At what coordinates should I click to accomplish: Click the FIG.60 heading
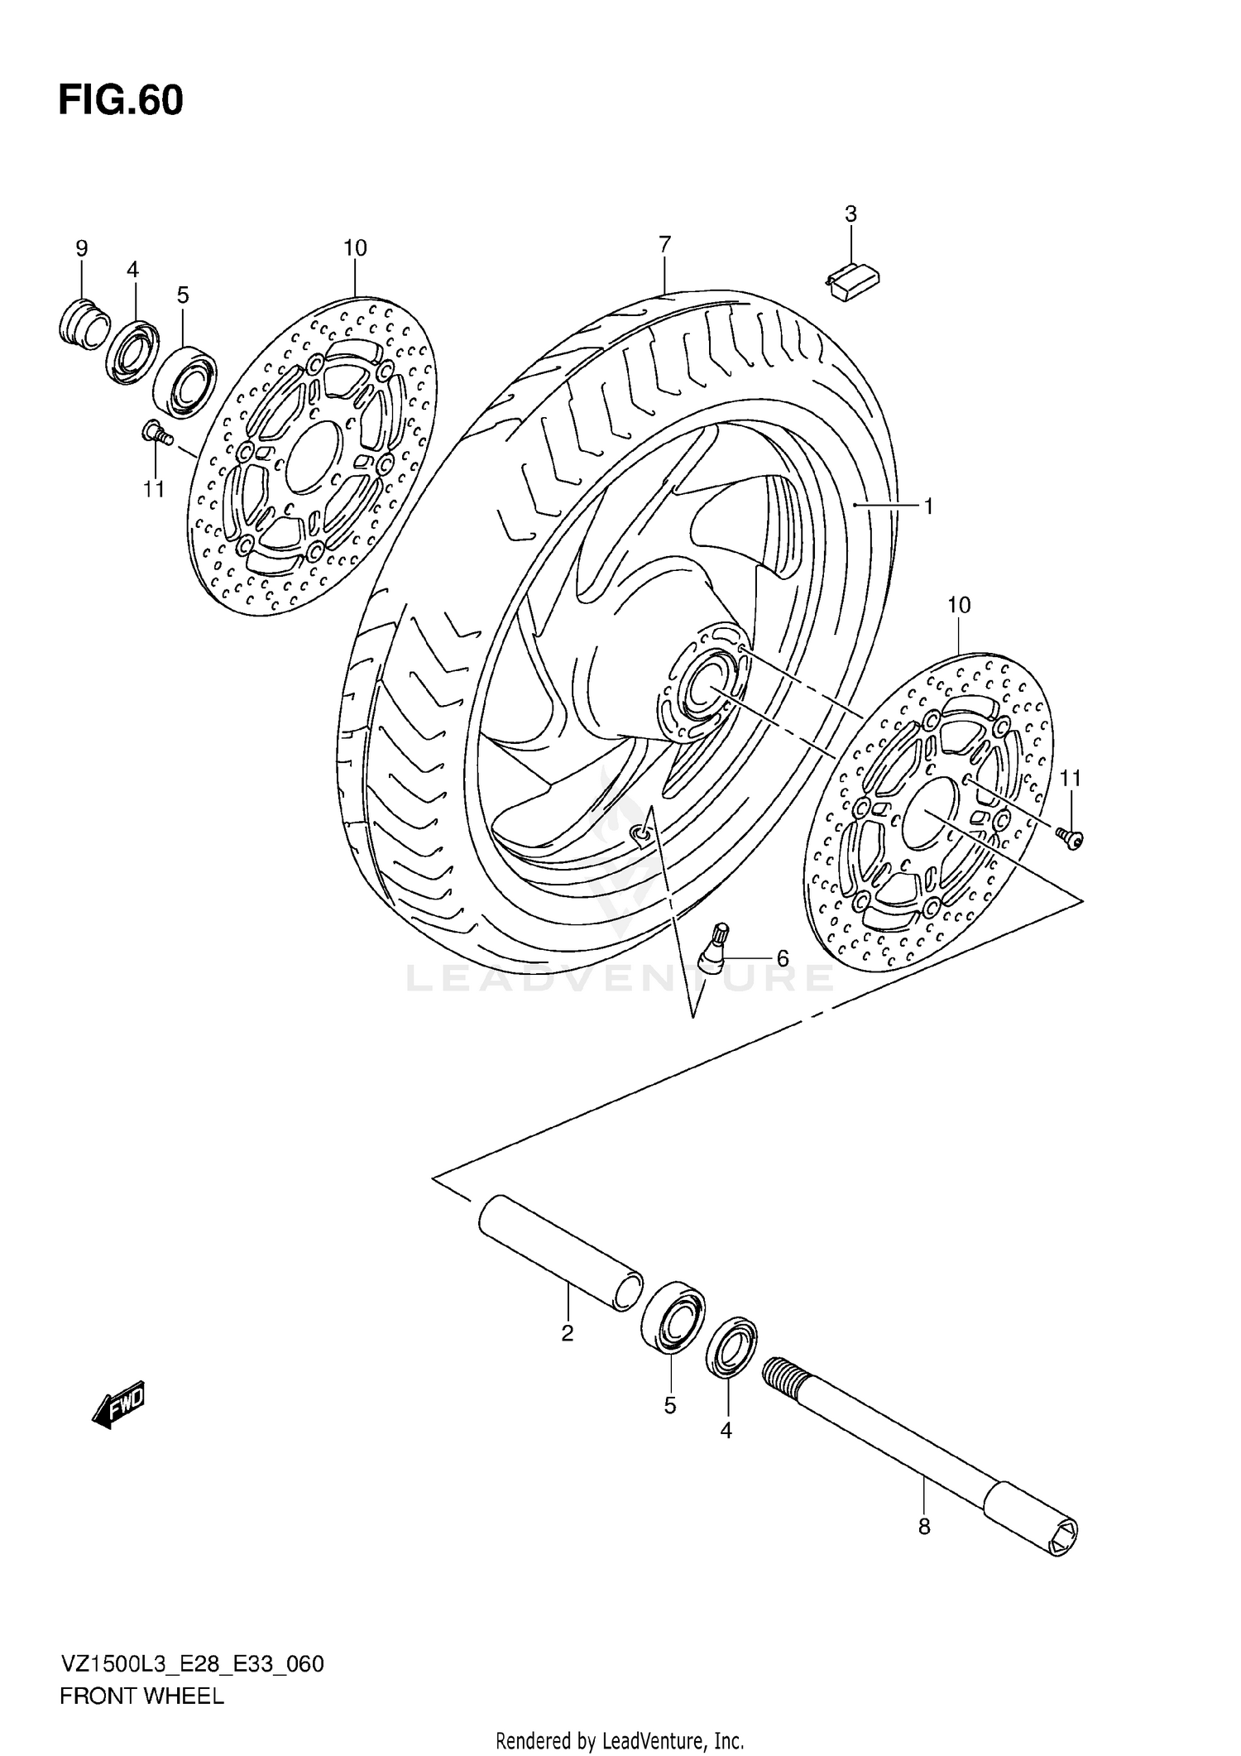[x=121, y=101]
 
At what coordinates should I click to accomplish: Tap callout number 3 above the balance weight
[x=850, y=214]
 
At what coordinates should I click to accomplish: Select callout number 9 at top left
[x=81, y=248]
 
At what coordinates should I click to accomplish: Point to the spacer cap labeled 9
[x=84, y=323]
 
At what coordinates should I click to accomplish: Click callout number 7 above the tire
[x=664, y=244]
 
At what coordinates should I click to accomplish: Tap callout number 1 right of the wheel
[x=928, y=506]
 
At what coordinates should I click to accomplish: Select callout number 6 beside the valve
[x=782, y=959]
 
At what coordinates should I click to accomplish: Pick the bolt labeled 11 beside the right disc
[x=1071, y=838]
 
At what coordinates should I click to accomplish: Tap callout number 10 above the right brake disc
[x=958, y=605]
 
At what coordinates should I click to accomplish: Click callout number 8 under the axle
[x=924, y=1527]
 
